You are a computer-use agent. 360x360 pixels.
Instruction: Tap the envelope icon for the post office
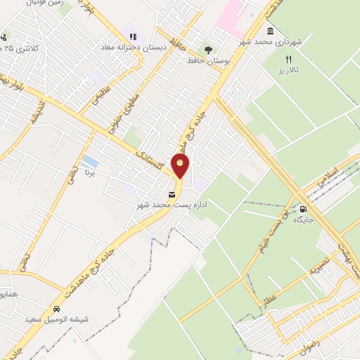[x=172, y=194]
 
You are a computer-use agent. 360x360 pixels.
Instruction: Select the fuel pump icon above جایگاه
[x=304, y=208]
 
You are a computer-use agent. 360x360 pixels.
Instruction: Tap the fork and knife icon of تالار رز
[x=288, y=59]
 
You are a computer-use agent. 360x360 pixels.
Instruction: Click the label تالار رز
[x=288, y=71]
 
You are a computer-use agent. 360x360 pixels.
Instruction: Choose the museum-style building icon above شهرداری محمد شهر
[x=271, y=32]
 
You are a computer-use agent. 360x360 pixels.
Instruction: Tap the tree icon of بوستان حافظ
[x=208, y=49]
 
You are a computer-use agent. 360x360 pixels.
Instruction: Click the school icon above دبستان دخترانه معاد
[x=131, y=37]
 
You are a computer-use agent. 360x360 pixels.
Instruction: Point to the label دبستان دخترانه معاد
[x=132, y=48]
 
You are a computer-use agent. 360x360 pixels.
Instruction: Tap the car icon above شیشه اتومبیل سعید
[x=56, y=308]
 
